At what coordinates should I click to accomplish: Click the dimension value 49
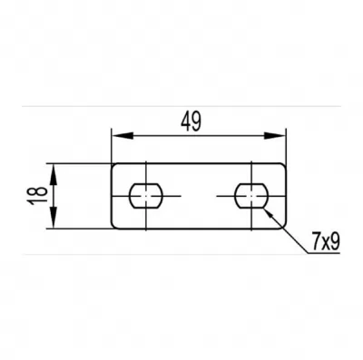pyautogui.click(x=191, y=122)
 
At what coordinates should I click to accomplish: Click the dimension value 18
pyautogui.click(x=38, y=196)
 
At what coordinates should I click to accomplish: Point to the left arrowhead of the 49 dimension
pyautogui.click(x=123, y=135)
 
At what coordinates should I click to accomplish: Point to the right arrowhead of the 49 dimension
pyautogui.click(x=275, y=135)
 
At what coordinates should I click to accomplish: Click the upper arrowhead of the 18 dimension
pyautogui.click(x=54, y=174)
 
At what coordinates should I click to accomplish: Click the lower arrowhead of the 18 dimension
pyautogui.click(x=54, y=218)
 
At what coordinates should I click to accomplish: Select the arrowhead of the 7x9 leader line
pyautogui.click(x=268, y=212)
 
